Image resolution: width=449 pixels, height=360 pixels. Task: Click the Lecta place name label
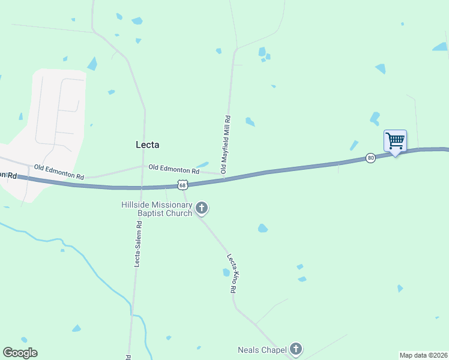[x=147, y=145]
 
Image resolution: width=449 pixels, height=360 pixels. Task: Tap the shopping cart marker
[x=395, y=141]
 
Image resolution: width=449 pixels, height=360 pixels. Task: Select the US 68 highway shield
[x=182, y=185]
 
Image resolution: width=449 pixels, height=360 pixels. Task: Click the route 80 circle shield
[x=370, y=158]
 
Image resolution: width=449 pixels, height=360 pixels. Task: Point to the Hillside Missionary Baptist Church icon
[x=202, y=209]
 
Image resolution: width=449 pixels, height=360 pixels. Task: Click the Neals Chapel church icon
[x=295, y=349]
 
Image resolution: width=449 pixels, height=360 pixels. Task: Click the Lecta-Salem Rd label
[x=137, y=244]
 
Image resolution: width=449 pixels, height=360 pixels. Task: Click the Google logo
[x=20, y=353]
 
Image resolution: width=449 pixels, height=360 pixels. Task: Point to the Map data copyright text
[x=423, y=355]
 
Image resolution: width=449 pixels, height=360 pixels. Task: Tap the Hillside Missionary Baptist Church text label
[x=157, y=209]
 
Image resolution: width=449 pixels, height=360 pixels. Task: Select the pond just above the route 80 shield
[x=354, y=145]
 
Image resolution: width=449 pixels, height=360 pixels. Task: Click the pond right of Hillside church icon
[x=262, y=228]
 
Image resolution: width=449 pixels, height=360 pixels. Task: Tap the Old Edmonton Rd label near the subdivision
[x=59, y=172]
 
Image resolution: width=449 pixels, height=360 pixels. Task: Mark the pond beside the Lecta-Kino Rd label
[x=226, y=272]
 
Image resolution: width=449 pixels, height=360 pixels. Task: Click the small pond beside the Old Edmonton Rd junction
[x=202, y=165]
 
